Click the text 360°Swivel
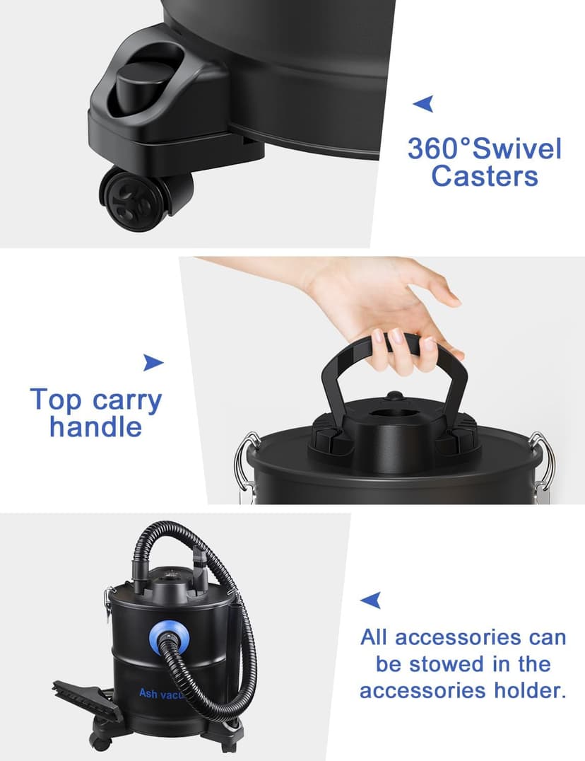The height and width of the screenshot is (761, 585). (484, 149)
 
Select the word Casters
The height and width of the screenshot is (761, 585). (484, 176)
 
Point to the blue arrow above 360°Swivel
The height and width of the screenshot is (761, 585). (423, 105)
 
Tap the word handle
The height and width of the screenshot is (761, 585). (95, 426)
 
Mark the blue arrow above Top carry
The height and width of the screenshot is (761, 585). (153, 362)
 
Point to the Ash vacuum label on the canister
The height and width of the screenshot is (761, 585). (161, 694)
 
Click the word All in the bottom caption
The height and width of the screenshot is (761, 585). (374, 637)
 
